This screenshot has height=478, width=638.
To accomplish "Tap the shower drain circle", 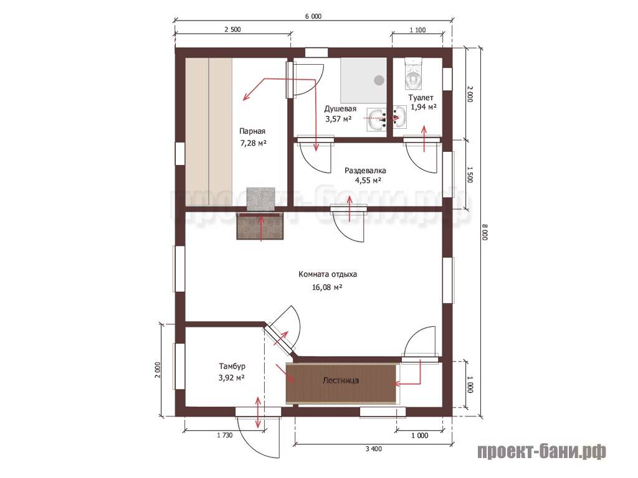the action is (379, 80).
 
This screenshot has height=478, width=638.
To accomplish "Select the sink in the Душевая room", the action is (377, 119).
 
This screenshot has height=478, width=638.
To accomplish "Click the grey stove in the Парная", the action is (261, 199).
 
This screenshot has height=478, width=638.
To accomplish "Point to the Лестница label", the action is (341, 381).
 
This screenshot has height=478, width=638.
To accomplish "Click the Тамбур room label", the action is (232, 366).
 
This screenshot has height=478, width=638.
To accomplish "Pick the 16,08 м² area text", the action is (326, 287).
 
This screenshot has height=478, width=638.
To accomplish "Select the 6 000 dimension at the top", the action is (313, 16).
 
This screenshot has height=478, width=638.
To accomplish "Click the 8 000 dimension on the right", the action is (484, 232).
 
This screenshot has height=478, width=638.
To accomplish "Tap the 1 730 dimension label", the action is (224, 435).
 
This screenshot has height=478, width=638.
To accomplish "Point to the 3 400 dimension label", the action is (374, 449).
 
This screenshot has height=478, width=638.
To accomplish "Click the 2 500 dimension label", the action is (232, 29).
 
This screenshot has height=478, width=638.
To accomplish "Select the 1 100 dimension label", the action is (417, 30).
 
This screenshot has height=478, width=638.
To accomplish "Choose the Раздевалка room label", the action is (365, 171).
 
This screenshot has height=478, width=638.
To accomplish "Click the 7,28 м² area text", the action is (253, 143).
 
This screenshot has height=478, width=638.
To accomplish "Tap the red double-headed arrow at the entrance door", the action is (258, 412).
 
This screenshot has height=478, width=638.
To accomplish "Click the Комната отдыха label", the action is (328, 274).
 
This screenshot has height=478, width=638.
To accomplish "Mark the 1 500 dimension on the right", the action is (470, 174).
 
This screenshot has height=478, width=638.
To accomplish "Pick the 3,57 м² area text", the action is (338, 119).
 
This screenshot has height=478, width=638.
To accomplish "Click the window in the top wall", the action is (317, 52).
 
